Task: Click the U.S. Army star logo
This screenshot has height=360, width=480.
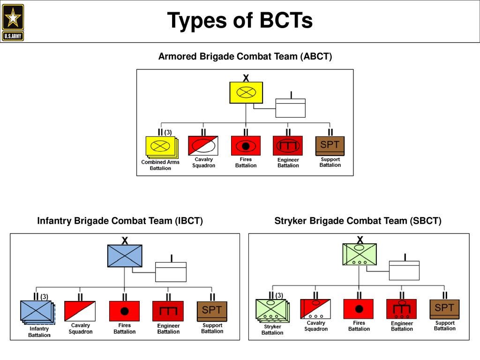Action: click(x=13, y=22)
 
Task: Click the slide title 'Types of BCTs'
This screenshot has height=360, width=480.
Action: click(x=240, y=21)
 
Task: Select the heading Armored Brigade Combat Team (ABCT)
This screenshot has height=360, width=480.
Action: click(x=245, y=57)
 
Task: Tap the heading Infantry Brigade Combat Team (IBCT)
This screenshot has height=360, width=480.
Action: click(x=120, y=221)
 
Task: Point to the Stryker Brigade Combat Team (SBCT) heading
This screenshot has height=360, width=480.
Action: click(x=358, y=221)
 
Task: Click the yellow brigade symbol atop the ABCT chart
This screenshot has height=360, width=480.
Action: click(x=246, y=92)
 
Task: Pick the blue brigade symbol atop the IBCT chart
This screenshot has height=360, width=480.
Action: click(x=124, y=255)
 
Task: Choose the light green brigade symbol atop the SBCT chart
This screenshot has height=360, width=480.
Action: click(x=360, y=254)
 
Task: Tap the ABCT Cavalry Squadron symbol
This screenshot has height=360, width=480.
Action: click(x=203, y=145)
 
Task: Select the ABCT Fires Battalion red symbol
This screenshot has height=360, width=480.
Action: click(x=246, y=145)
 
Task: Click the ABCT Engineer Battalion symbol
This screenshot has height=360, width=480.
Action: click(x=288, y=145)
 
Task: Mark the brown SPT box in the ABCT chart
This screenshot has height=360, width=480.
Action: click(x=330, y=145)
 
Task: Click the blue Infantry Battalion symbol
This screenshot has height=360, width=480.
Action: click(x=37, y=311)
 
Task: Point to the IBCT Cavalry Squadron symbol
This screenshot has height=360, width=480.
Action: click(x=80, y=311)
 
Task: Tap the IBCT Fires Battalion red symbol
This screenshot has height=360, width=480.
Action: click(x=124, y=311)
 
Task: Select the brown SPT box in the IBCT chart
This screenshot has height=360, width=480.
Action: click(x=212, y=311)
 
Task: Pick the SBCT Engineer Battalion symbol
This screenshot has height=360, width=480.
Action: click(x=401, y=309)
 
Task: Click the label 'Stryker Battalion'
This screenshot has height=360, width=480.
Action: click(x=272, y=330)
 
